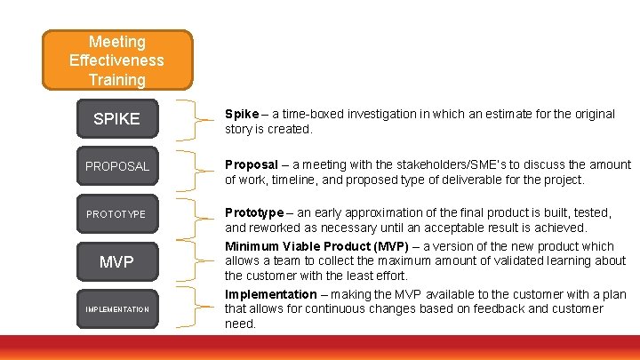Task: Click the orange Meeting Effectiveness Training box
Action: [x=116, y=60]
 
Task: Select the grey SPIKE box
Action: [x=116, y=119]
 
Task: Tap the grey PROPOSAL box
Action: [x=116, y=166]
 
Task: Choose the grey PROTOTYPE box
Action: [x=116, y=214]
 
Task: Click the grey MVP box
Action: [x=116, y=262]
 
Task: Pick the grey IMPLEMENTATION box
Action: [x=116, y=309]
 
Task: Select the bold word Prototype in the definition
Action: [x=255, y=212]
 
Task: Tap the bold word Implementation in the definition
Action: [x=270, y=294]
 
